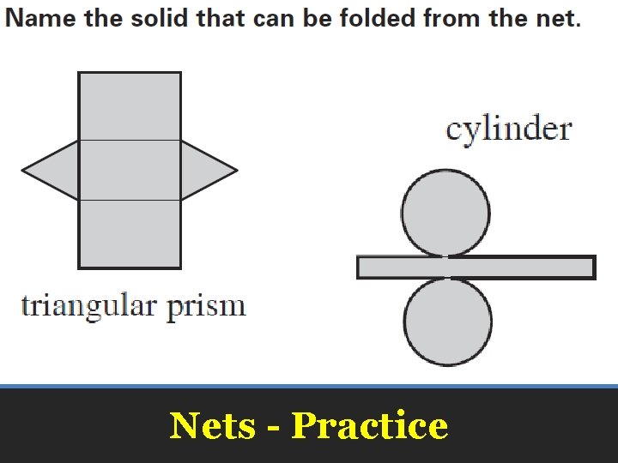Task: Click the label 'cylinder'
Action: click(x=508, y=129)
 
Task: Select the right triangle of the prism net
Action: click(x=204, y=171)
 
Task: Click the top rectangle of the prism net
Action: click(x=130, y=106)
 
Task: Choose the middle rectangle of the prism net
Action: click(x=130, y=170)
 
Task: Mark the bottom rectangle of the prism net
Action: click(x=130, y=233)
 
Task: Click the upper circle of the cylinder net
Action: click(x=445, y=213)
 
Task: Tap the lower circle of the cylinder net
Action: click(x=447, y=322)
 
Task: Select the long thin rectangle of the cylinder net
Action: click(x=476, y=268)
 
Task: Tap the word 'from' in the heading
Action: click(x=455, y=19)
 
